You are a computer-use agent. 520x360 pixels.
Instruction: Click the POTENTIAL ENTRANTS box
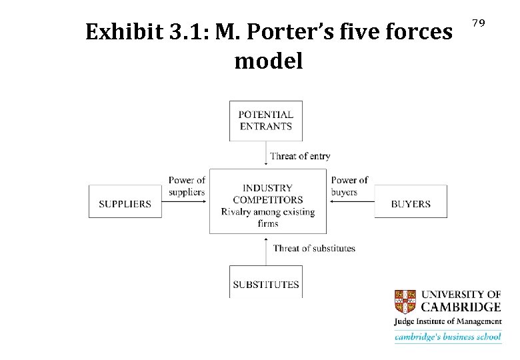click(265, 121)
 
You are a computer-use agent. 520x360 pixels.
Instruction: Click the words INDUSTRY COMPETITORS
click(267, 194)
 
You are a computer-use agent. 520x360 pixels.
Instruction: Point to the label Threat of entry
click(300, 156)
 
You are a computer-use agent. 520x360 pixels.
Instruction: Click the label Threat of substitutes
click(314, 248)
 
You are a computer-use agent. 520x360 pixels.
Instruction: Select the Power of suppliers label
click(187, 186)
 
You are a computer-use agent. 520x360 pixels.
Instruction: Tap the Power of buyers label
click(349, 186)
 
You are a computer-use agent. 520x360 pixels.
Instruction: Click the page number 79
click(478, 23)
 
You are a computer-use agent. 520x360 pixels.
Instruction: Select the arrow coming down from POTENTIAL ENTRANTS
click(265, 155)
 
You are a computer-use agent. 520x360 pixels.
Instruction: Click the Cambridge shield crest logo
click(405, 301)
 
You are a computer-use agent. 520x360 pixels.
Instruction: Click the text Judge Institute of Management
click(447, 322)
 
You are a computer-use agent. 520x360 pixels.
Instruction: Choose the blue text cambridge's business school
click(447, 337)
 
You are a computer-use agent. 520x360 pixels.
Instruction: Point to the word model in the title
click(269, 61)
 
